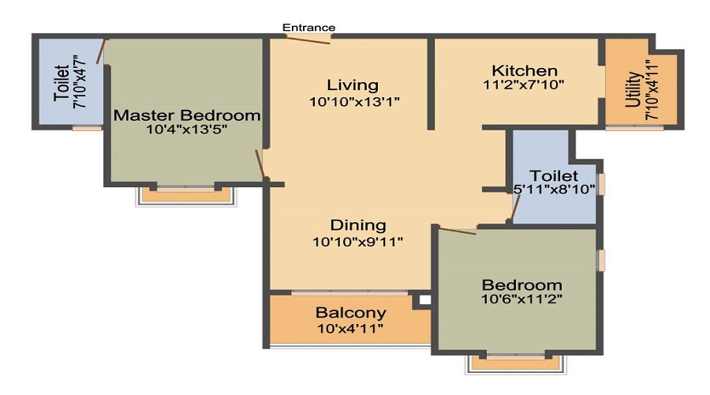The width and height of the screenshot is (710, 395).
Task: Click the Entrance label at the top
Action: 309,28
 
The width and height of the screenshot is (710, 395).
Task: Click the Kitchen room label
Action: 525,70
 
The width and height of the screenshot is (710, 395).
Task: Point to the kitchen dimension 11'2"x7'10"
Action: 524,85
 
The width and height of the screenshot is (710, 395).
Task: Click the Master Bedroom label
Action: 187,115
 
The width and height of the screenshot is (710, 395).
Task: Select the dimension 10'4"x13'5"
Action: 187,131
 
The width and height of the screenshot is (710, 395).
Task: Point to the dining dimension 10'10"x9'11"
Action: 358,242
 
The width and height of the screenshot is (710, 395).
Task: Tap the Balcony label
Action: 351,312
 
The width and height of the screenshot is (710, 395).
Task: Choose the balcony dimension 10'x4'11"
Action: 350,328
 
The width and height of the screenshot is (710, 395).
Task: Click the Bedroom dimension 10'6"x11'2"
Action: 522,299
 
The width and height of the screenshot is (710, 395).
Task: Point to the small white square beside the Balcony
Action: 424,300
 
